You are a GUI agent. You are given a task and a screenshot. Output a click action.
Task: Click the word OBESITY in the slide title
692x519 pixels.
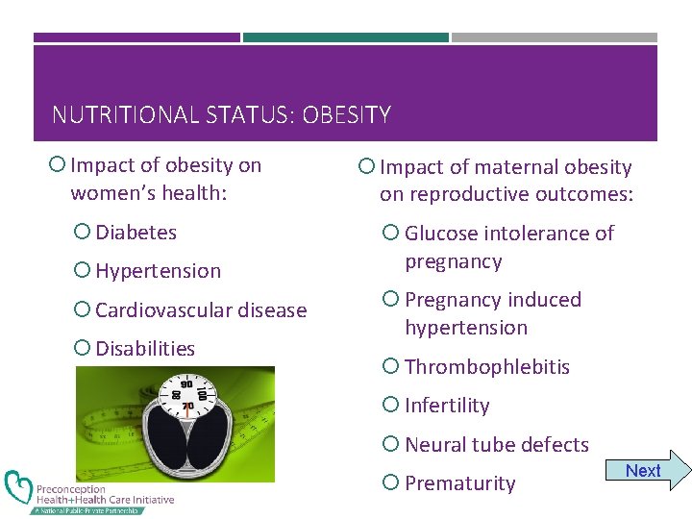pyautogui.click(x=346, y=116)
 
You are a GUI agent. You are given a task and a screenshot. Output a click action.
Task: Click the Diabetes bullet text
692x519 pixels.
pyautogui.click(x=136, y=233)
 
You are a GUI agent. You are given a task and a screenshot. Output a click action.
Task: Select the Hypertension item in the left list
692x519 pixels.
pyautogui.click(x=158, y=271)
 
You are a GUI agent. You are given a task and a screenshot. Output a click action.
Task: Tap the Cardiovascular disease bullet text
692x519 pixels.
pyautogui.click(x=201, y=310)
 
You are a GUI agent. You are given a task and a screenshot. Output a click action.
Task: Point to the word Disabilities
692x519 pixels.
pyautogui.click(x=145, y=349)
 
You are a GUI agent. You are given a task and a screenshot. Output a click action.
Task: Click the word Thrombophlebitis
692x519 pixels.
pyautogui.click(x=487, y=367)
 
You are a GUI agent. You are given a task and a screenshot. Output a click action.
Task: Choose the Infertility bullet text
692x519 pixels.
pyautogui.click(x=447, y=406)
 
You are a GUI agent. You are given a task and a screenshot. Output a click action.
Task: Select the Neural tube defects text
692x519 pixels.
pyautogui.click(x=497, y=445)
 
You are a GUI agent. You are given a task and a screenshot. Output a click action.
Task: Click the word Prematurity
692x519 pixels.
pyautogui.click(x=460, y=483)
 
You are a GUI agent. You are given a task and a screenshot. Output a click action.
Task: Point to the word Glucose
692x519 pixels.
pyautogui.click(x=441, y=234)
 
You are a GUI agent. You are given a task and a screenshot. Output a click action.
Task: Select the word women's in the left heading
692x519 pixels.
pyautogui.click(x=114, y=193)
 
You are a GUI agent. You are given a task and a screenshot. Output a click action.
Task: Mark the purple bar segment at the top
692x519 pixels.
pyautogui.click(x=136, y=37)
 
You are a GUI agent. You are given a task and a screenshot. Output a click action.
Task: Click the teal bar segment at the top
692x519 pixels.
pyautogui.click(x=345, y=37)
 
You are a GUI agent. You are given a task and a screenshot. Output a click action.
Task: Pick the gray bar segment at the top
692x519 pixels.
pyautogui.click(x=555, y=37)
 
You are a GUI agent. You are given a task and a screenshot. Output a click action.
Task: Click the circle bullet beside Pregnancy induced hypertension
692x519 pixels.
pyautogui.click(x=389, y=300)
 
